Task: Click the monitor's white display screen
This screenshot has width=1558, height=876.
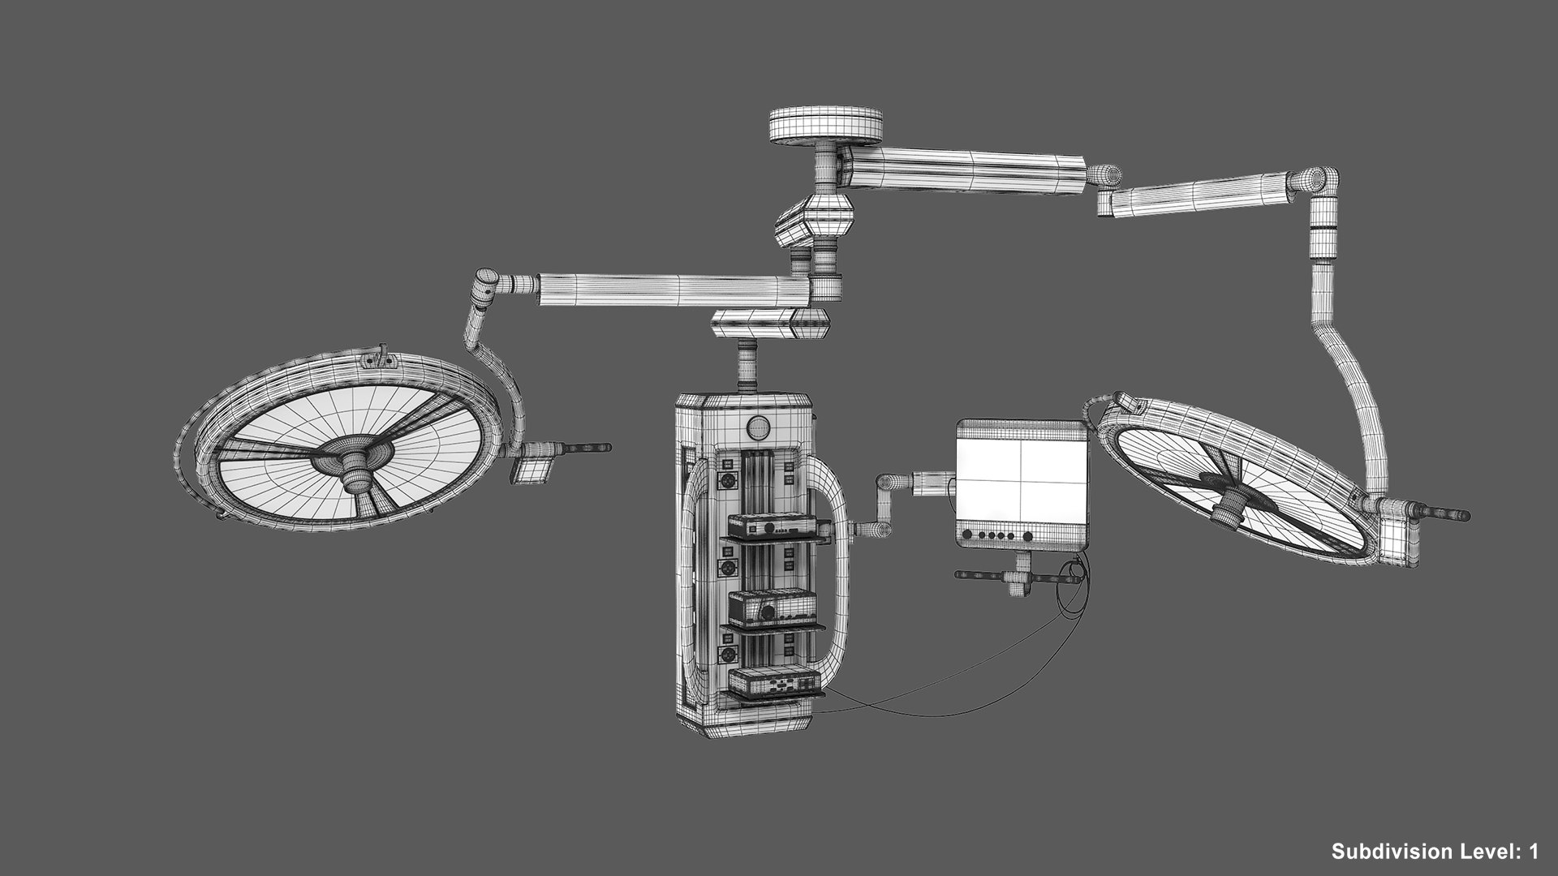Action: [x=1021, y=479]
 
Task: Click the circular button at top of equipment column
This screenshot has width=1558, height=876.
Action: [x=758, y=426]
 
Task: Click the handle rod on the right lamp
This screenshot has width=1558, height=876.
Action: [x=1441, y=513]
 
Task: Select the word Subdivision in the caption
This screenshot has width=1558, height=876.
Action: [x=1388, y=852]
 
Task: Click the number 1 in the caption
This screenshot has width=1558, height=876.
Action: [x=1532, y=852]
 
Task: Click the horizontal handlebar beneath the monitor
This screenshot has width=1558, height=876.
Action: [x=1014, y=578]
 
